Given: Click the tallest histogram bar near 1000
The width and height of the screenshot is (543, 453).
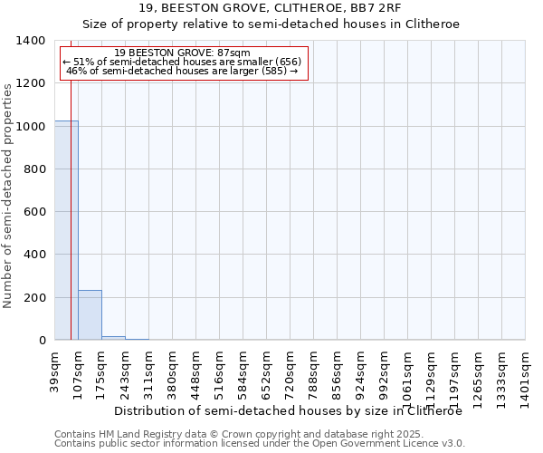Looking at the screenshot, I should (66, 230).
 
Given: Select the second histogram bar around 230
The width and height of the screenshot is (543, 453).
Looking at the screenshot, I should (90, 314).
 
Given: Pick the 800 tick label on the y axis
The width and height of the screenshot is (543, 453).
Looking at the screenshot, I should (34, 169).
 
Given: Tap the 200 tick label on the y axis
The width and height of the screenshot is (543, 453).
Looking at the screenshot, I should (34, 298).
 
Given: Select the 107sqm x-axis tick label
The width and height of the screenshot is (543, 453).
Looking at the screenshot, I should (79, 371).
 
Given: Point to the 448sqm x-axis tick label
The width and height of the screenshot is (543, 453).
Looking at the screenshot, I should (196, 371).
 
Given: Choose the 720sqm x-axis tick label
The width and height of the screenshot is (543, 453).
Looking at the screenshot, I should (291, 371).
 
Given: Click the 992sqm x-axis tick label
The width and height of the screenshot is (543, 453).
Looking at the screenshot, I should (385, 371).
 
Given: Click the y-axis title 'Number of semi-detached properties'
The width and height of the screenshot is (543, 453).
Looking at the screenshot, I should (8, 195).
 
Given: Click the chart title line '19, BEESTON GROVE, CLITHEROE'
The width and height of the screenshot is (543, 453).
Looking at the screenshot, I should (271, 7).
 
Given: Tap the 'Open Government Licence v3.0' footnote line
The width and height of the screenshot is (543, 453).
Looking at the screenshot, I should (260, 444).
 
